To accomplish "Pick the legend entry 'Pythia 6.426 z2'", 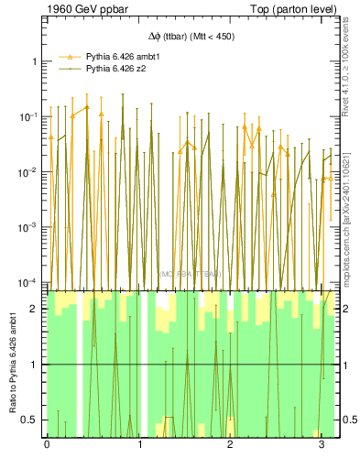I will (117, 68).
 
